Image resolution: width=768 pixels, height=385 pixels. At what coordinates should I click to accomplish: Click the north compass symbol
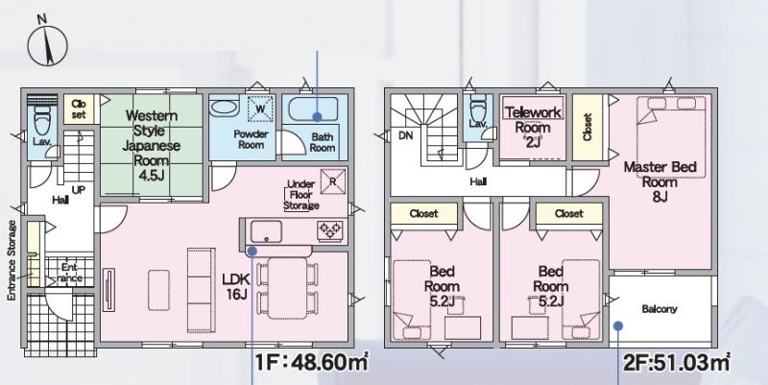[x=47, y=44]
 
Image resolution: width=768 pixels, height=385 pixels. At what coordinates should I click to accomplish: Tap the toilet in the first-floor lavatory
[x=42, y=119]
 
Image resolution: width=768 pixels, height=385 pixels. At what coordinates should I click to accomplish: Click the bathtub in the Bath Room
[x=314, y=109]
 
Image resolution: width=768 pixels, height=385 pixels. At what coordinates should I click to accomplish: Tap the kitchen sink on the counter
[x=266, y=231]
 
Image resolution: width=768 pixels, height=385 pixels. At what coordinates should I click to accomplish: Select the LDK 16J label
[x=236, y=286]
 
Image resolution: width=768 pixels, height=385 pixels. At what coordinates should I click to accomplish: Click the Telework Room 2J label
[x=533, y=128]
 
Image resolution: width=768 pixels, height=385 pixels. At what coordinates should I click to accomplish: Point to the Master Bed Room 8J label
[x=660, y=181]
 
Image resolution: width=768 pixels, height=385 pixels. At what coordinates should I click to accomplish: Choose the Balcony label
[x=660, y=309]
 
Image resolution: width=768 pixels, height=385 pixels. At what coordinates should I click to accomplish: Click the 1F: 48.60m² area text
[x=311, y=363]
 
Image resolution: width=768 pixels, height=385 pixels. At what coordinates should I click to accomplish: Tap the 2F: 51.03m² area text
[x=677, y=363]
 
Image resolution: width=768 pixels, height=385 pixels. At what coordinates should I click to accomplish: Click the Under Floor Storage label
[x=300, y=195]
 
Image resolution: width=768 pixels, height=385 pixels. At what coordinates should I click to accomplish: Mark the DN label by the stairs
[x=405, y=136]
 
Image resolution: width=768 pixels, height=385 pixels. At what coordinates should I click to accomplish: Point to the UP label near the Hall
[x=79, y=190]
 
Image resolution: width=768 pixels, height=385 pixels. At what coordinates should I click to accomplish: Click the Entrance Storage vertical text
[x=12, y=260]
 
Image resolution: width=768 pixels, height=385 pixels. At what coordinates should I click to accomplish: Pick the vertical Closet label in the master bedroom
[x=588, y=128]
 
